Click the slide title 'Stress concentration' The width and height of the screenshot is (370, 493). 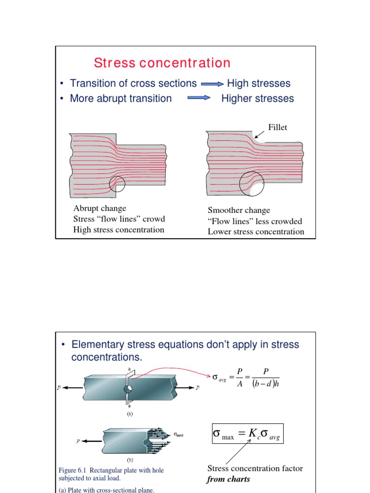(162, 63)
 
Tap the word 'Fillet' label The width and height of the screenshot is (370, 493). (277, 128)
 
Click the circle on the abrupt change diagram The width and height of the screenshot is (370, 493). (117, 183)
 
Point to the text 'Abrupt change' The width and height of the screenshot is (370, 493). (100, 208)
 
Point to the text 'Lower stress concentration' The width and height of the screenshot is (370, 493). (256, 232)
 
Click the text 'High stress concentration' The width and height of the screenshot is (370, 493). (119, 230)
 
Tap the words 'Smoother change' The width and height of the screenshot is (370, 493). (239, 210)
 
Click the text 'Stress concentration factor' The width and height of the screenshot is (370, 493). (255, 468)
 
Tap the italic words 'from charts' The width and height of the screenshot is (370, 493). (229, 479)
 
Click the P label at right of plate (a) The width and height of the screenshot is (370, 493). (198, 388)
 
